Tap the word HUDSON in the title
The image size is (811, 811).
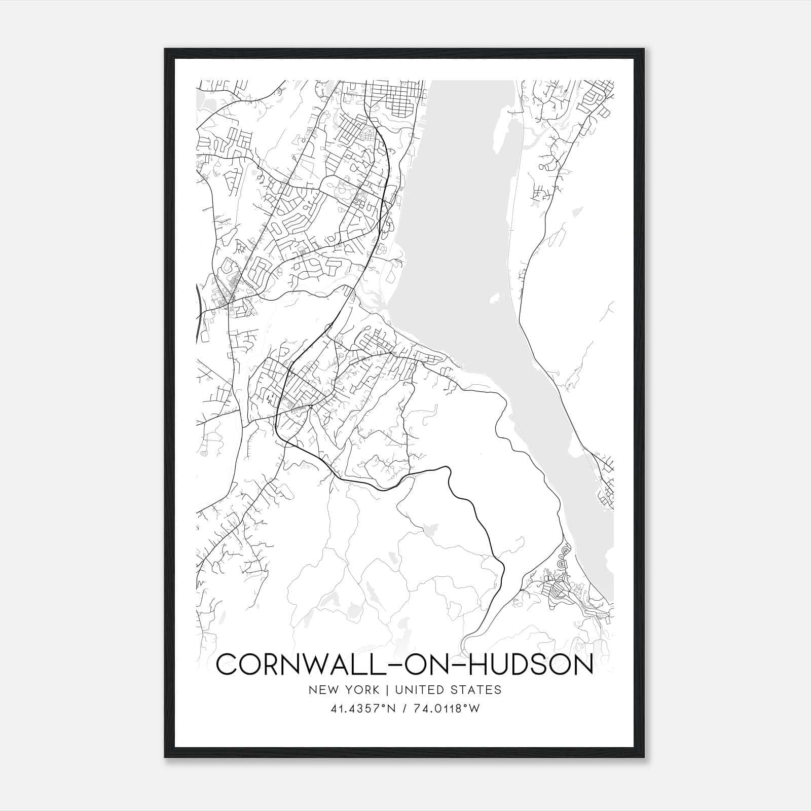[529, 665]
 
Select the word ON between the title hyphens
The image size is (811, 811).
[424, 665]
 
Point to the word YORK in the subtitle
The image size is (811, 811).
[360, 689]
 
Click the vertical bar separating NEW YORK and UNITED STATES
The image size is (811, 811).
[386, 689]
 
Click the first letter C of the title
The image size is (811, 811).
[227, 665]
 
